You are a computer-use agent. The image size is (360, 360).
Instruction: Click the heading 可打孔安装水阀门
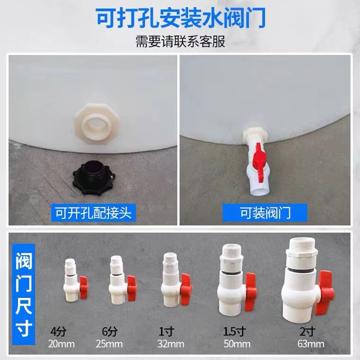click(180, 19)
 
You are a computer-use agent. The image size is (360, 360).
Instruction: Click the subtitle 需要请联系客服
click(180, 42)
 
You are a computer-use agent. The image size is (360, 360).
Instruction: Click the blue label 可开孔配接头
click(93, 213)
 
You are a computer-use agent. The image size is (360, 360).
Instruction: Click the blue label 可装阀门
click(265, 213)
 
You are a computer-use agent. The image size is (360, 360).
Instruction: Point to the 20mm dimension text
click(61, 343)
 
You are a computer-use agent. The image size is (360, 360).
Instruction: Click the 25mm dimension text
click(109, 343)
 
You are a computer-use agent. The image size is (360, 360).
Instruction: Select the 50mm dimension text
click(233, 343)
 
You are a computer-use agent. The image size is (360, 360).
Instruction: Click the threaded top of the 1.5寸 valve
click(232, 251)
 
